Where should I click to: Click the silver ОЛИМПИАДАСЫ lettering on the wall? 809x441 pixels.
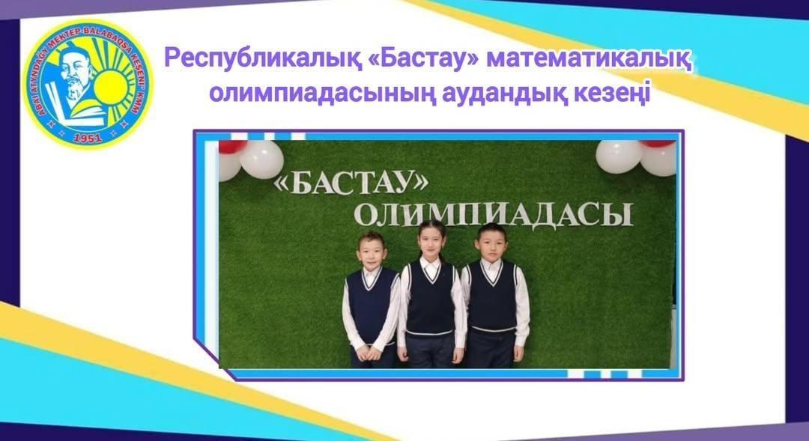tap(492, 215)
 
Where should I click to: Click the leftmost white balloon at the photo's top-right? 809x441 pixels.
tap(619, 156)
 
